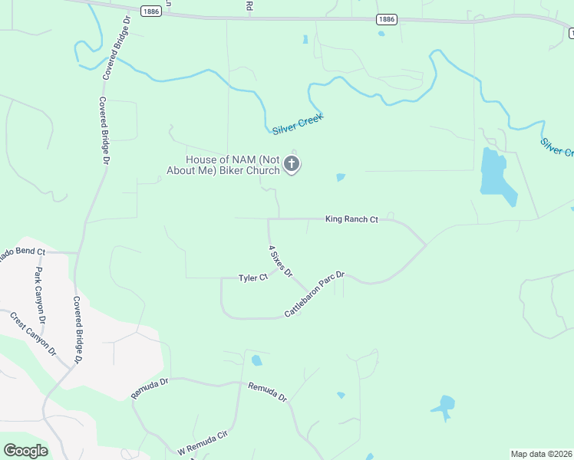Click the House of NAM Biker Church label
coord(223,165)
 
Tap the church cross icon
coord(292,163)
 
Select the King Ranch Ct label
coord(351,219)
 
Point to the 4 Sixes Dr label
coord(280,261)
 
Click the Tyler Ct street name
coord(252,278)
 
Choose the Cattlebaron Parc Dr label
coord(315,294)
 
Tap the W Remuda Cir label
coord(203,442)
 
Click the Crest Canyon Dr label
coord(32,333)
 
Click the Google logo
coord(25,450)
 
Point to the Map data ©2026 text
coord(540,454)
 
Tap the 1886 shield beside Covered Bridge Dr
coord(151,10)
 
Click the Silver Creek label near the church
coord(298,123)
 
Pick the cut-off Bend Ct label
coord(23,251)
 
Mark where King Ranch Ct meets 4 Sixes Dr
coord(268,219)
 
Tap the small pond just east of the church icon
coord(341,178)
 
